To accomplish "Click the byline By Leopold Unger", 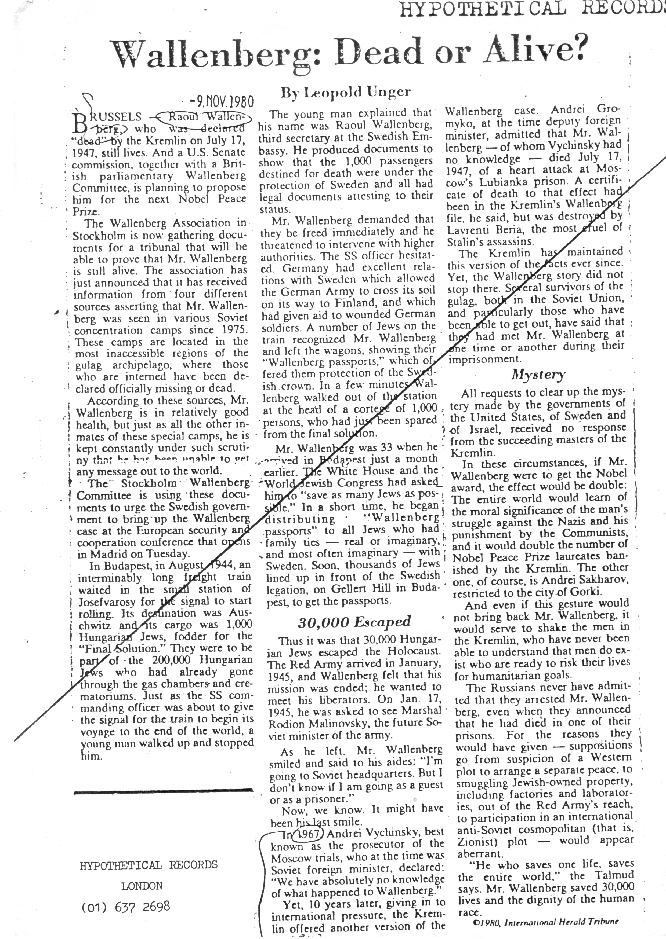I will [x=345, y=93].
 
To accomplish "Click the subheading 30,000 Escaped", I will [x=353, y=622].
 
